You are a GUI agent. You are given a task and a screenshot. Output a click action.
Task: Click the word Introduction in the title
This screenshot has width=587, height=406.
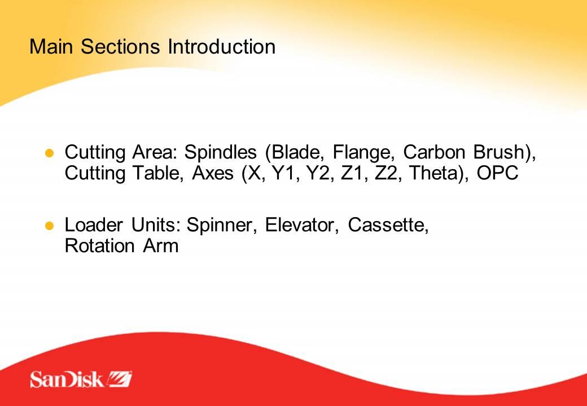pyautogui.click(x=221, y=46)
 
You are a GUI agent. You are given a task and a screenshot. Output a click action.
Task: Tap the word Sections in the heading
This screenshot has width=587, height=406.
pyautogui.click(x=120, y=46)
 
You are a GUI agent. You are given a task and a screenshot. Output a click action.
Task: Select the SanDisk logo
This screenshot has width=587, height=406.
pyautogui.click(x=81, y=379)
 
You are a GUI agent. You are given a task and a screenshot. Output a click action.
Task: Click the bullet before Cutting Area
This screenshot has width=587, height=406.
pyautogui.click(x=50, y=153)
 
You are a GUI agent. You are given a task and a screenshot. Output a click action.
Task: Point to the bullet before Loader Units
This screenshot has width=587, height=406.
pyautogui.click(x=50, y=226)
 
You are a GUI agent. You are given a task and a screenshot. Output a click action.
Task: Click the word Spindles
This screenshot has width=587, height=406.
pyautogui.click(x=221, y=152)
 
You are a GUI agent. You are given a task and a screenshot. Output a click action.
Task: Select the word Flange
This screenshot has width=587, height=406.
pyautogui.click(x=361, y=152)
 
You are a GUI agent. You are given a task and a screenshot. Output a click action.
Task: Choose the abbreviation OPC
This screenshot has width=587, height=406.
pyautogui.click(x=497, y=173)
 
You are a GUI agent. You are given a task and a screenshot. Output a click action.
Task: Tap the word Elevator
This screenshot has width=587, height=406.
pyautogui.click(x=299, y=224)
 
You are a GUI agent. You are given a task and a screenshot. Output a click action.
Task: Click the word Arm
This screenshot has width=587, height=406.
pyautogui.click(x=161, y=246)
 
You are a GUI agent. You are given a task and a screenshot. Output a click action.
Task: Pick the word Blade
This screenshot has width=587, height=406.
pyautogui.click(x=294, y=152)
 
